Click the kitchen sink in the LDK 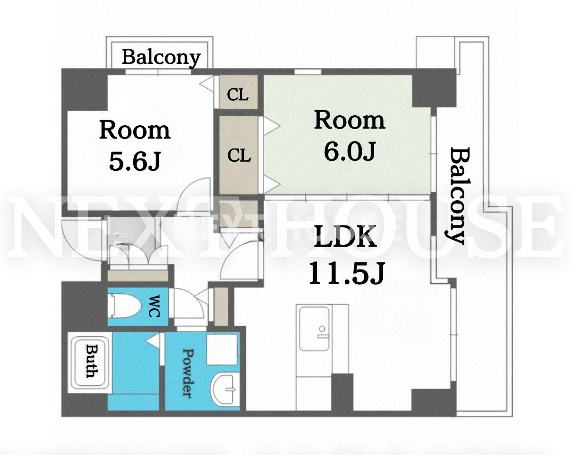pos(314,329)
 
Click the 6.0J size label pos(350,151)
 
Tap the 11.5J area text pos(346,273)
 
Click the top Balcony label pos(161,58)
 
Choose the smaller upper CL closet pos(239,92)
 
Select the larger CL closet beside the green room pos(239,155)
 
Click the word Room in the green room pos(350,121)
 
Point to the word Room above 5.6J pos(135,130)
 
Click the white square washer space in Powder pos(222,350)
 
